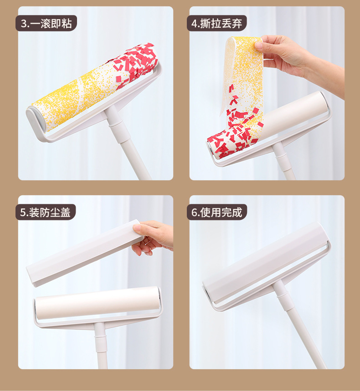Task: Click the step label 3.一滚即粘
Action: coord(46,23)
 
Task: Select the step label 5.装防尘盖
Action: coord(46,212)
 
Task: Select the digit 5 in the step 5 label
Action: coord(23,212)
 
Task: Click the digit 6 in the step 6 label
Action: coord(195,212)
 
